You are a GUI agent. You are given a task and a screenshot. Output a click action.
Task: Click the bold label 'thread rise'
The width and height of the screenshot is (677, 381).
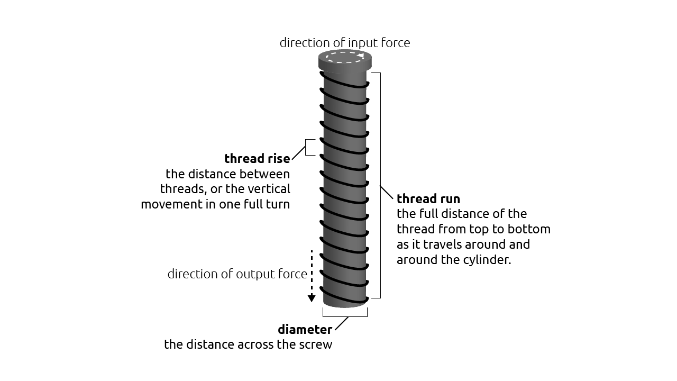257,159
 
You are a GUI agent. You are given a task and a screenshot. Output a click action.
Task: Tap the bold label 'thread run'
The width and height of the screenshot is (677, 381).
428,199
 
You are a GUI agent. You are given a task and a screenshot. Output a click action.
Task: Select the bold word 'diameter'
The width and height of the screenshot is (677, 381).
305,330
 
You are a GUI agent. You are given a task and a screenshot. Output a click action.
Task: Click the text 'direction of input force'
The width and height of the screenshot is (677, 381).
344,43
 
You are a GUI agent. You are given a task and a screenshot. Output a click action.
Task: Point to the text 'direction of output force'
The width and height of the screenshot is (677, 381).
237,274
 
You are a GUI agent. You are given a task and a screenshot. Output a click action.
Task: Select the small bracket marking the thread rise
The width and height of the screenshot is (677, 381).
307,147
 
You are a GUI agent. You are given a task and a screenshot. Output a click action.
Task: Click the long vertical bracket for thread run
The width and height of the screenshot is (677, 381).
380,185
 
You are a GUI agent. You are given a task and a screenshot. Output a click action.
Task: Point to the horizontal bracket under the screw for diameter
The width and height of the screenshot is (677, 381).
345,315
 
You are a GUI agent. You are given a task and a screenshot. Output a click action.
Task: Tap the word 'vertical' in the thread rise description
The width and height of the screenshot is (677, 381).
271,189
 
